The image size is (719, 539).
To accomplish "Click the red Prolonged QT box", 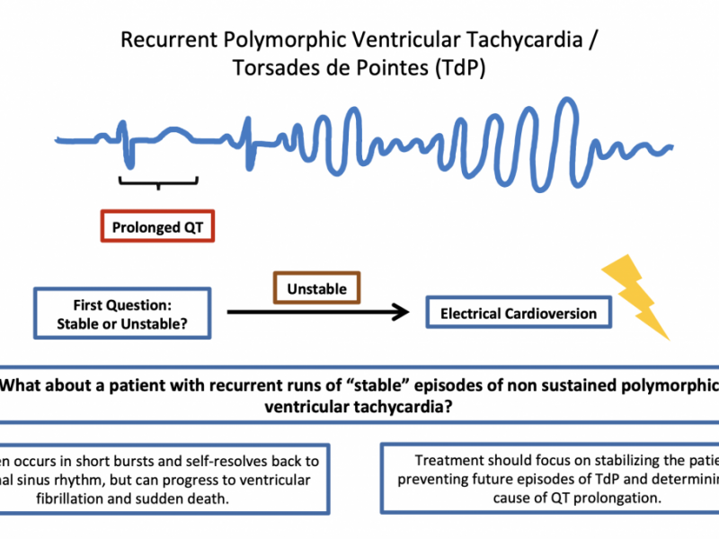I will [157, 228].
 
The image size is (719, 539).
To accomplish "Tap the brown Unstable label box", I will [316, 289].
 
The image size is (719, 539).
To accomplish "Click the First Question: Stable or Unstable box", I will [123, 314].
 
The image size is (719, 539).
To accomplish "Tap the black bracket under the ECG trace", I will [158, 181].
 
